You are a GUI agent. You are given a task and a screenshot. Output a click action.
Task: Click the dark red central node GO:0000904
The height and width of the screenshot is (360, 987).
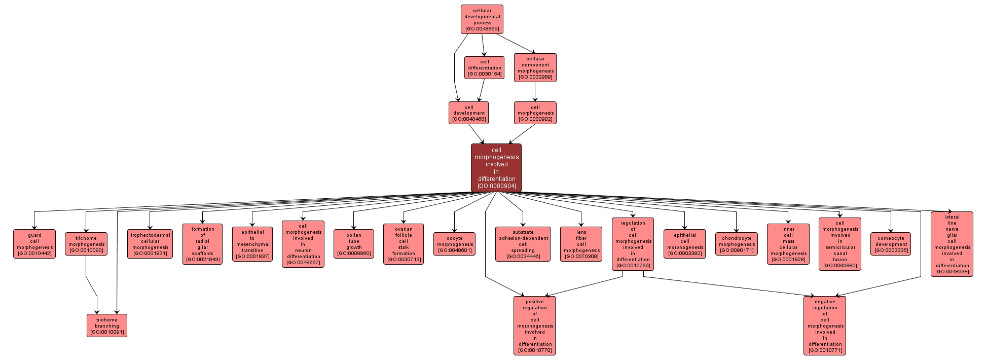pyautogui.click(x=496, y=168)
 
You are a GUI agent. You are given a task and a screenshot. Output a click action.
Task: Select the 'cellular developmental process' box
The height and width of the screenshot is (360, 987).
pyautogui.click(x=482, y=19)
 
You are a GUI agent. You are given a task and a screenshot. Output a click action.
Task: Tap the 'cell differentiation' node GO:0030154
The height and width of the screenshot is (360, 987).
pyautogui.click(x=484, y=67)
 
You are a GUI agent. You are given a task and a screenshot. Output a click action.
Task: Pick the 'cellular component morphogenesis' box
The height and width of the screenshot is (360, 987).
pyautogui.click(x=535, y=67)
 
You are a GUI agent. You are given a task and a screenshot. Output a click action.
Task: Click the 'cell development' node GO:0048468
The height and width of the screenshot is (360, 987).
pyautogui.click(x=468, y=113)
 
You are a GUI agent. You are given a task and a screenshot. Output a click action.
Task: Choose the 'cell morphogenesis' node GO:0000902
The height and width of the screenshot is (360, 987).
pyautogui.click(x=535, y=113)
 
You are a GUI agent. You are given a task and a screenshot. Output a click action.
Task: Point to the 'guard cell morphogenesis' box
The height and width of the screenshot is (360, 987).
pyautogui.click(x=34, y=243)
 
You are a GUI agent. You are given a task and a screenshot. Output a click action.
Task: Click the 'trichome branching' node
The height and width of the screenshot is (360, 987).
pyautogui.click(x=106, y=326)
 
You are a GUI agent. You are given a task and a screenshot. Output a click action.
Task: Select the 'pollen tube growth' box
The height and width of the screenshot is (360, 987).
pyautogui.click(x=353, y=243)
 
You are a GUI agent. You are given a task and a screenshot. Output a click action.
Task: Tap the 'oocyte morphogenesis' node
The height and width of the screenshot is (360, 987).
pyautogui.click(x=454, y=243)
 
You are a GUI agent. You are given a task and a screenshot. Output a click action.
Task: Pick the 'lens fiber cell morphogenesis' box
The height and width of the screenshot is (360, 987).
pyautogui.click(x=581, y=244)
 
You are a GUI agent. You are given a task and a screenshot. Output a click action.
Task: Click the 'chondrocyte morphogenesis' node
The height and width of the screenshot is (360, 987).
pyautogui.click(x=736, y=243)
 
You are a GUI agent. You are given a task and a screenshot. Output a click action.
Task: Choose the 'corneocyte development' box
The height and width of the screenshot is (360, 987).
pyautogui.click(x=890, y=243)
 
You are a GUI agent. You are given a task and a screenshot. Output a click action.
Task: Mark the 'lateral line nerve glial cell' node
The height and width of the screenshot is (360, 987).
pyautogui.click(x=952, y=244)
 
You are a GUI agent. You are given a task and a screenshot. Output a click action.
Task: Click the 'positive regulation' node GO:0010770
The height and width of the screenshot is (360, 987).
pyautogui.click(x=534, y=326)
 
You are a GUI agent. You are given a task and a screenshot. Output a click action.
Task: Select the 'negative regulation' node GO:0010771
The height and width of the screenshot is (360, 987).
pyautogui.click(x=824, y=326)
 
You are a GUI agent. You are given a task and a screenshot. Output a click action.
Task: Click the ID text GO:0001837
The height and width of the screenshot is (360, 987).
pyautogui.click(x=252, y=257)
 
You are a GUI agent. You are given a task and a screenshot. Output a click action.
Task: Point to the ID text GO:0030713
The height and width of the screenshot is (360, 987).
pyautogui.click(x=404, y=260)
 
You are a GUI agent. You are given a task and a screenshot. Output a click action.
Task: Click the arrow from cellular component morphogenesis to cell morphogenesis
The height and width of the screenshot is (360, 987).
pyautogui.click(x=535, y=92)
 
